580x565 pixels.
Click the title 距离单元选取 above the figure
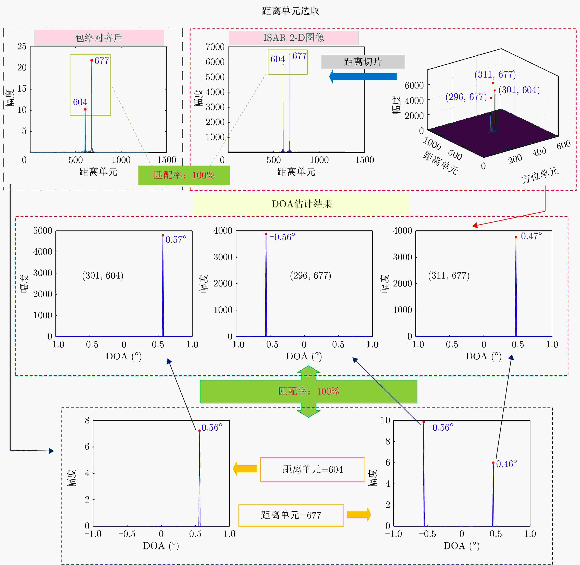point(291,11)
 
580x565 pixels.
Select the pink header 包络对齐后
point(99,37)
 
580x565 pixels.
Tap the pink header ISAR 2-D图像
point(294,37)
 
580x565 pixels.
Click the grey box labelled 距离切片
point(363,62)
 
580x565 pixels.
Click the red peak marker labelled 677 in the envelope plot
point(92,60)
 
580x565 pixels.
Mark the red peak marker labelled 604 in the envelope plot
point(85,109)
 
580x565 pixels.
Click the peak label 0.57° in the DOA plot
point(176,240)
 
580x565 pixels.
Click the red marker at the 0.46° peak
point(493,463)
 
